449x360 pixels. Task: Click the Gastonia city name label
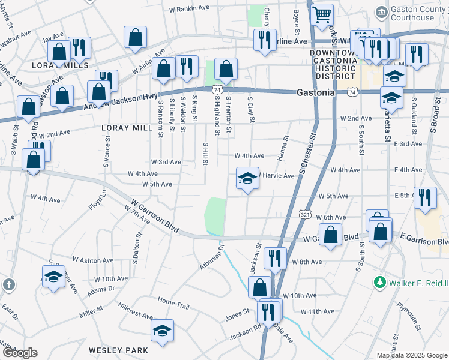point(315,93)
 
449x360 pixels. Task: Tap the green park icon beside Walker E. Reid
point(379,282)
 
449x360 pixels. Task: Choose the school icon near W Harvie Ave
point(247,179)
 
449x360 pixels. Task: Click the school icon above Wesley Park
point(162,331)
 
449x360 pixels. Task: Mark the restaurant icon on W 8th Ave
point(275,259)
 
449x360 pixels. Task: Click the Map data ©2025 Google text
point(411,355)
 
